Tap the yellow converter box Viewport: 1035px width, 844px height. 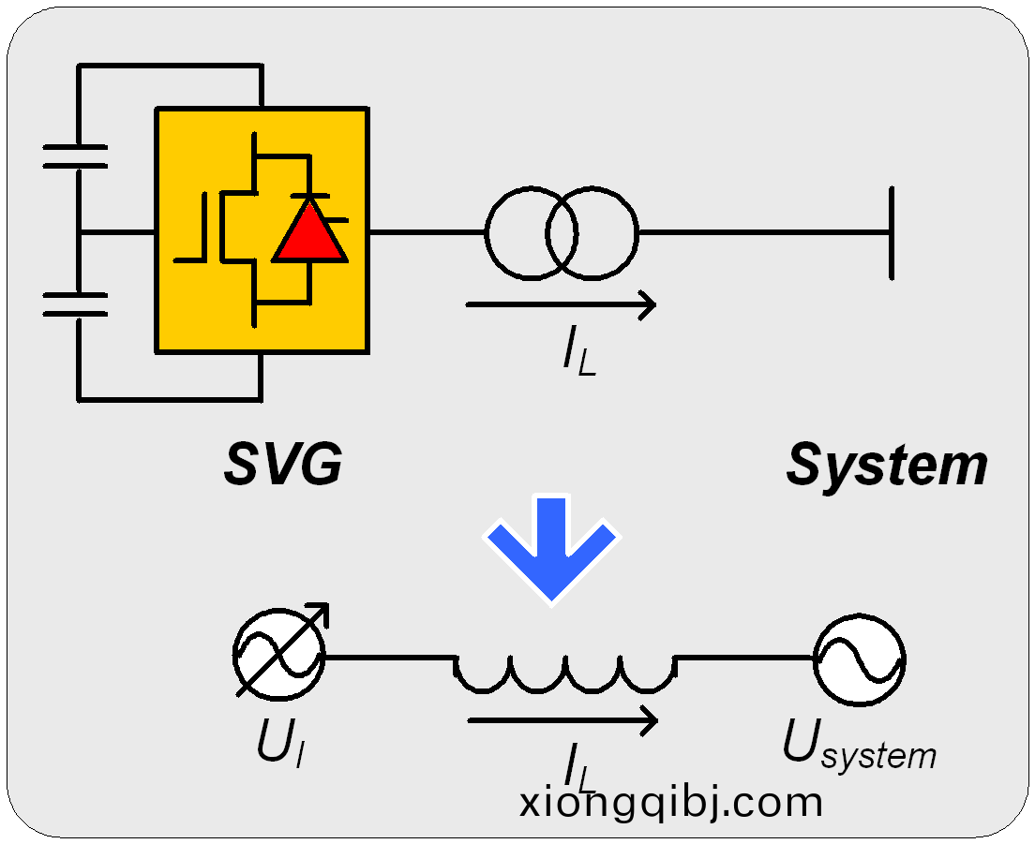(187, 309)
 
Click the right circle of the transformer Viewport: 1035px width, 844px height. (592, 232)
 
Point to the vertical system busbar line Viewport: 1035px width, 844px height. (892, 232)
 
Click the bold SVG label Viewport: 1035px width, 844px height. (282, 464)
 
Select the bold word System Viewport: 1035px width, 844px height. (886, 465)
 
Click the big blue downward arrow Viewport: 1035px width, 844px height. (551, 548)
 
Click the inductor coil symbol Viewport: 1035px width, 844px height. (565, 671)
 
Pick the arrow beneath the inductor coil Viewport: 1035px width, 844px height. (562, 720)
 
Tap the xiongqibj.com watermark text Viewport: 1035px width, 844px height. (671, 803)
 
